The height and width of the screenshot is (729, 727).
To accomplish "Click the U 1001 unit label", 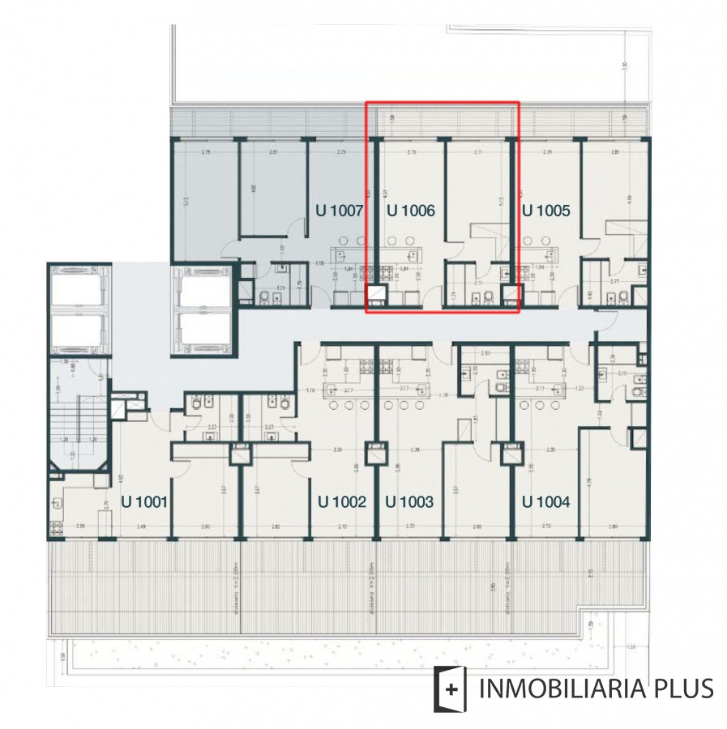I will click(144, 502).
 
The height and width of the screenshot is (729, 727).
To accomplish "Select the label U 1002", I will click(342, 502).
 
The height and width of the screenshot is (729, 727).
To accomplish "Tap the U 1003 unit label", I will click(409, 502).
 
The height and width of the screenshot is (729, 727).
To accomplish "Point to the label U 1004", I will click(545, 502).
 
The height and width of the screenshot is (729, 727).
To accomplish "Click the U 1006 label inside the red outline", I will click(411, 211).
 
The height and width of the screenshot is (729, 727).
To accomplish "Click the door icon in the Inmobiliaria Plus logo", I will click(452, 688).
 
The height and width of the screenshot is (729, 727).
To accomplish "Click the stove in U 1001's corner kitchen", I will click(57, 526).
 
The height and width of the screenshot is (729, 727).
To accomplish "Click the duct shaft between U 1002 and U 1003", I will click(375, 453).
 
